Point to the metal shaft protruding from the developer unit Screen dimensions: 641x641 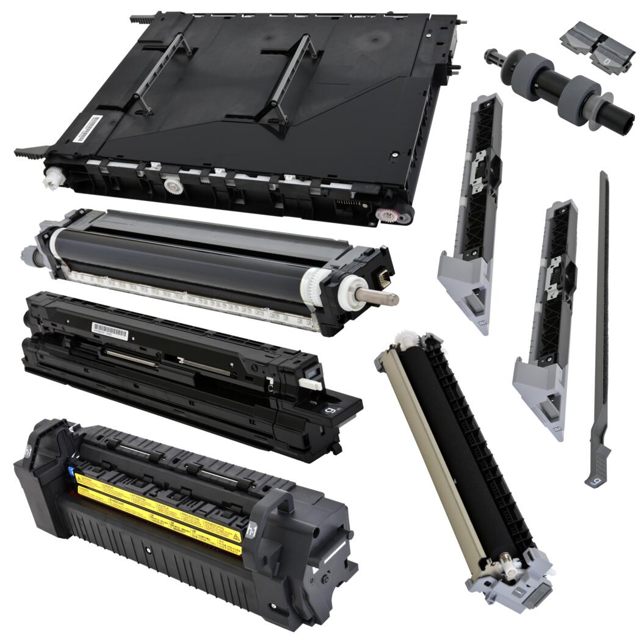pos(381,297)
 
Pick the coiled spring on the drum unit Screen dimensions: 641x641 pos(205,367)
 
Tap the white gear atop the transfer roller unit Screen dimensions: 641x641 pos(402,341)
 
